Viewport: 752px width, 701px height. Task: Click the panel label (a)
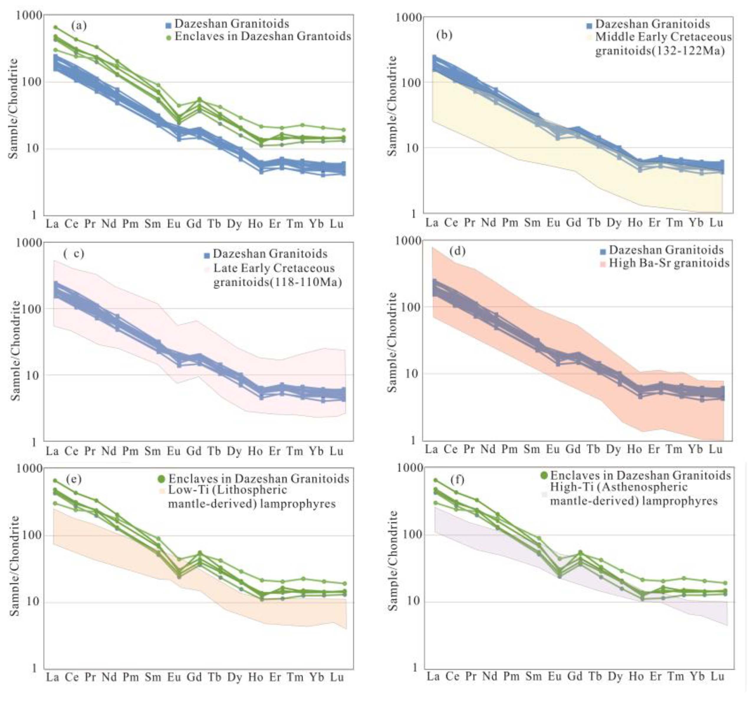click(79, 26)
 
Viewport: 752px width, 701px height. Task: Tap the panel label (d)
click(457, 251)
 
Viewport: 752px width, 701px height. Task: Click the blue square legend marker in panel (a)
click(168, 25)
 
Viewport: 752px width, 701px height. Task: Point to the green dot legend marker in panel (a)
click(169, 37)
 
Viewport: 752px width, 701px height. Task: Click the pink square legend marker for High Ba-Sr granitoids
click(603, 263)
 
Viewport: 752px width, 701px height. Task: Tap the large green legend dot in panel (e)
click(162, 479)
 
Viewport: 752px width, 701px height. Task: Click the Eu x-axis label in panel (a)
click(174, 224)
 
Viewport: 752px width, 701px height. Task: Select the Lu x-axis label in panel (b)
click(716, 222)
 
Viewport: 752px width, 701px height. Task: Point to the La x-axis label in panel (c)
click(52, 451)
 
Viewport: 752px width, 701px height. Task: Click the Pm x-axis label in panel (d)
click(509, 449)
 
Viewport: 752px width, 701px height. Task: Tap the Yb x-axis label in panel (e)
click(316, 677)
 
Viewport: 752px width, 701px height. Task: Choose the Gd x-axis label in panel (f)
click(574, 676)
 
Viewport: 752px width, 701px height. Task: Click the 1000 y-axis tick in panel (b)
click(409, 17)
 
